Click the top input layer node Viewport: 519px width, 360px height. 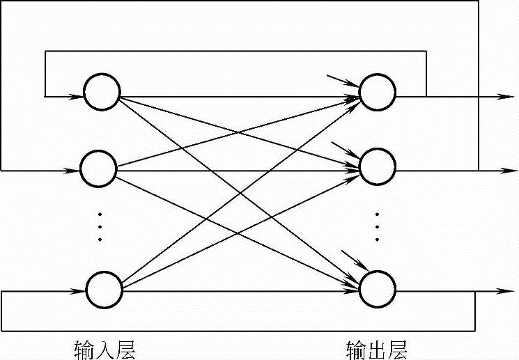pyautogui.click(x=102, y=92)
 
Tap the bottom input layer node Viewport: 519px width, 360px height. pyautogui.click(x=103, y=288)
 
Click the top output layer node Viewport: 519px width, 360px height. pyautogui.click(x=377, y=92)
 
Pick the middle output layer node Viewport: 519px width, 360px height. pyautogui.click(x=378, y=166)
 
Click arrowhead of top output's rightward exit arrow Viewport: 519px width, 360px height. pyautogui.click(x=499, y=96)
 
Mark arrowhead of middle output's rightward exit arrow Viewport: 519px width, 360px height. pyautogui.click(x=499, y=170)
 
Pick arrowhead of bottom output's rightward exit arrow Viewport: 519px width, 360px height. pyautogui.click(x=499, y=290)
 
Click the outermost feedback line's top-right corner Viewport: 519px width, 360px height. pyautogui.click(x=479, y=1)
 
